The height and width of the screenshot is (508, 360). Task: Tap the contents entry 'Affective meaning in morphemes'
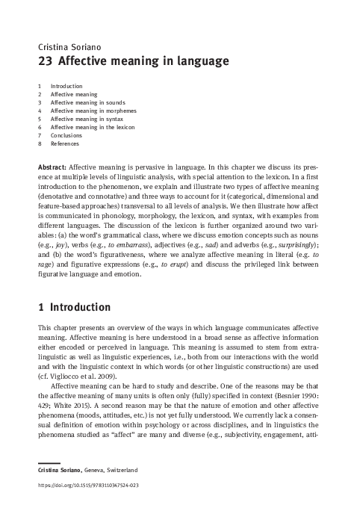(x=93, y=111)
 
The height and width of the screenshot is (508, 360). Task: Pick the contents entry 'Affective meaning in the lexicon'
(x=93, y=127)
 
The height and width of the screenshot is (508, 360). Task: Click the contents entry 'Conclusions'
(x=66, y=135)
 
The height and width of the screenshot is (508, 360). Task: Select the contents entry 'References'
(x=66, y=143)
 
